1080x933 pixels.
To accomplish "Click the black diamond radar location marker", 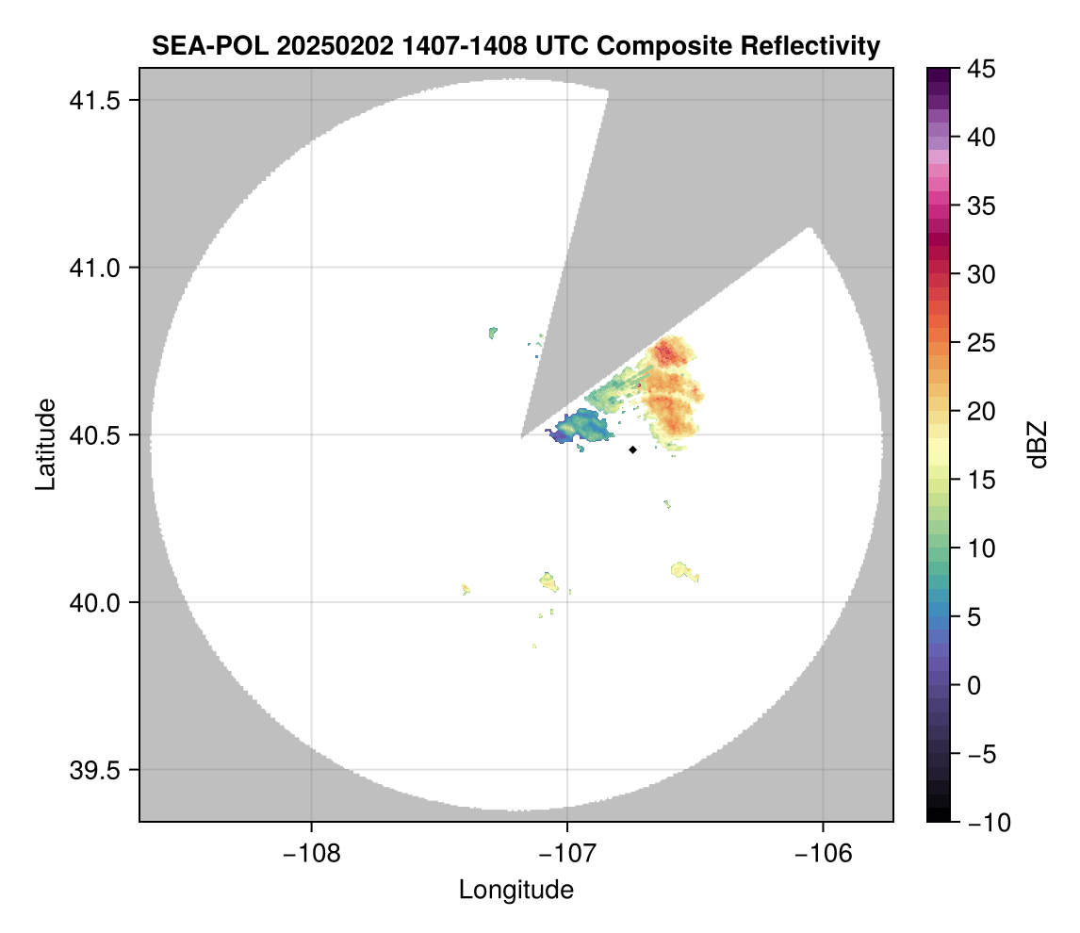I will (x=632, y=450).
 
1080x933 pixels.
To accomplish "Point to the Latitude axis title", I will (x=44, y=444).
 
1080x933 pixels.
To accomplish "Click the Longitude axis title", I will (x=515, y=889).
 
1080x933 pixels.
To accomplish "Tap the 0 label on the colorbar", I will (x=973, y=685).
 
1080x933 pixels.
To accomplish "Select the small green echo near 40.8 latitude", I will (x=493, y=332).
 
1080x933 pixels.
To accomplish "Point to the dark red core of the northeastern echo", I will (x=666, y=353).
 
